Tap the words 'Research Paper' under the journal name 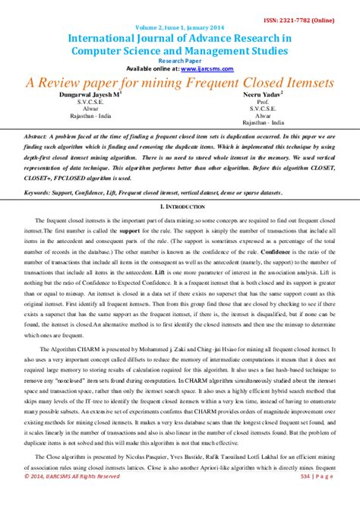pyautogui.click(x=179, y=60)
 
